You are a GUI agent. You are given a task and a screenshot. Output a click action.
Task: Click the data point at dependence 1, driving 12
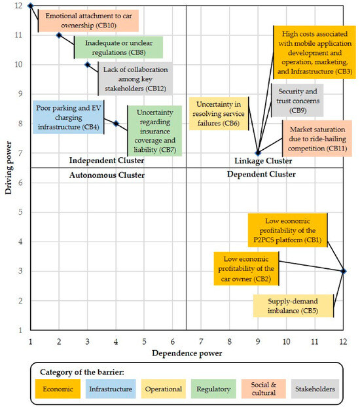click(31, 6)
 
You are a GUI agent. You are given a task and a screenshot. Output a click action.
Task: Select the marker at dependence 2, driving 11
click(59, 35)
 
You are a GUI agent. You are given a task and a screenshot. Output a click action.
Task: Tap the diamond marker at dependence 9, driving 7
click(258, 153)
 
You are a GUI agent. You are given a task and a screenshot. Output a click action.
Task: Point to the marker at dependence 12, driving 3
click(344, 272)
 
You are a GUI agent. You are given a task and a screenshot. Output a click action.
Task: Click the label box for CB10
click(88, 21)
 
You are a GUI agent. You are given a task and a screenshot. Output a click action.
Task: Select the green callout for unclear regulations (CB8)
click(118, 48)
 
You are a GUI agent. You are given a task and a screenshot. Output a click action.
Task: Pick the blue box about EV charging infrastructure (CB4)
click(69, 117)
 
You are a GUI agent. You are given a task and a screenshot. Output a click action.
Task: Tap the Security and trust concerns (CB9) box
click(298, 101)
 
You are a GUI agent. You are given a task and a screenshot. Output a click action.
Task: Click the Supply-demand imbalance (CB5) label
click(293, 306)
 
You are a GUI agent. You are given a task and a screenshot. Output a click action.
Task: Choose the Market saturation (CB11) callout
click(317, 139)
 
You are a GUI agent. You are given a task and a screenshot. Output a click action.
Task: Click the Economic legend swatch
click(58, 389)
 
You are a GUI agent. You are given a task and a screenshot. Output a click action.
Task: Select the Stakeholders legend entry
click(315, 389)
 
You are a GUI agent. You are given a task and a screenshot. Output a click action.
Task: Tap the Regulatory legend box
click(213, 389)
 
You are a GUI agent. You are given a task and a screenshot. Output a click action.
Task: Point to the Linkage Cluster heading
click(263, 161)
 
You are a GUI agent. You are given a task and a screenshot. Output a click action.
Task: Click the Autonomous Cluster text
click(107, 175)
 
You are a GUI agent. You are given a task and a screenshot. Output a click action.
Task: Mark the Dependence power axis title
click(187, 353)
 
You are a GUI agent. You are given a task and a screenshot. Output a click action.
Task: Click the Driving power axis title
click(9, 168)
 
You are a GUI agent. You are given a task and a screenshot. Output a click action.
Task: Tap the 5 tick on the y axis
click(20, 212)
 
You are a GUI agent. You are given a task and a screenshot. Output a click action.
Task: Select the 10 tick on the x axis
click(286, 342)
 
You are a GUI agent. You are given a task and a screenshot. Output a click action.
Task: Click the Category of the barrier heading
click(82, 372)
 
